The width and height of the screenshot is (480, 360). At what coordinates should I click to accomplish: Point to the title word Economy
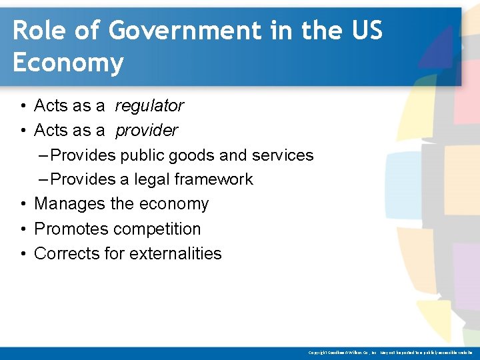pos(68,63)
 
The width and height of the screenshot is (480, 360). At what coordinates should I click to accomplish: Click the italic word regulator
pos(149,105)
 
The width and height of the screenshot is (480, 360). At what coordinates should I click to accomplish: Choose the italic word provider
pos(147,130)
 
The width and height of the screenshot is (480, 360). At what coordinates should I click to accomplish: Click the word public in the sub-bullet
pos(142,155)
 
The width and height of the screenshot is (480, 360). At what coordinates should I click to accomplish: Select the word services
pos(283,155)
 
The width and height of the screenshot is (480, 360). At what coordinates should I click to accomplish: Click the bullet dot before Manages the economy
pos(23,204)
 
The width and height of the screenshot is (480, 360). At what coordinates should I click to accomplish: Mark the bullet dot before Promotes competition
pos(23,229)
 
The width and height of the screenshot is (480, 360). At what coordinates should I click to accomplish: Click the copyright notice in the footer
pos(391,352)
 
